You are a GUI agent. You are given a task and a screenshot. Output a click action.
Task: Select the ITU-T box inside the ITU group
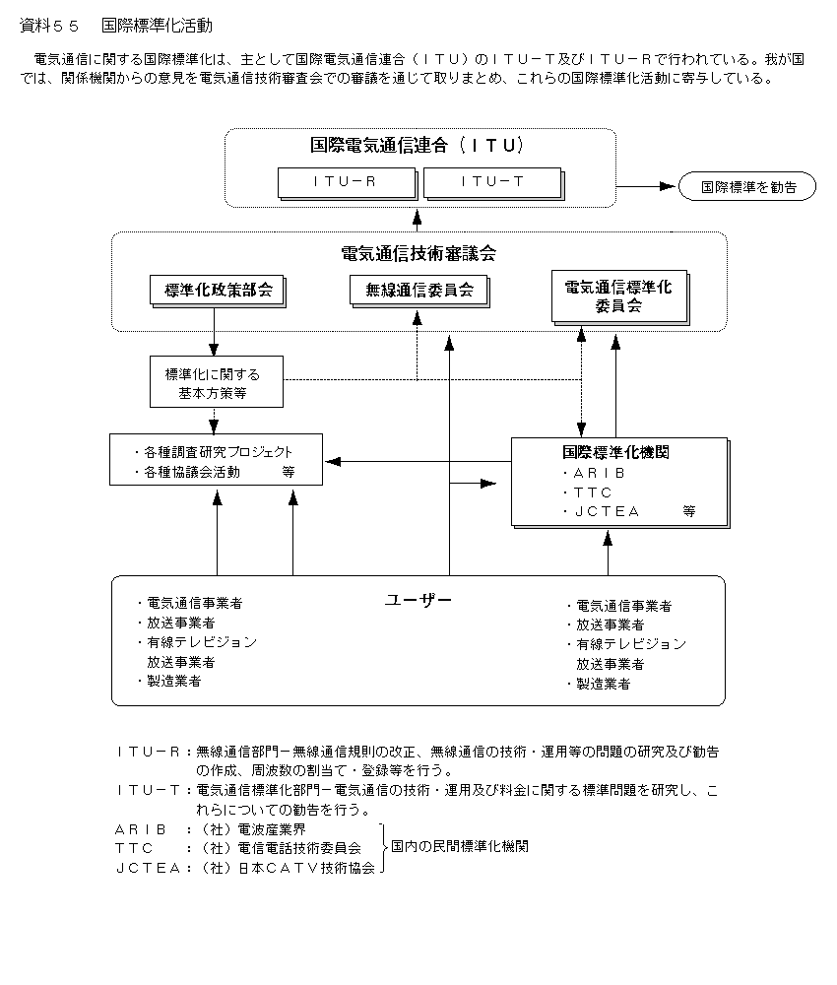[490, 181]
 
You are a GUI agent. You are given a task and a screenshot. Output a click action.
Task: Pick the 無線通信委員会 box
[419, 290]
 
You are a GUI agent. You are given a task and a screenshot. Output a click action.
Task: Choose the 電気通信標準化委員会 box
[618, 296]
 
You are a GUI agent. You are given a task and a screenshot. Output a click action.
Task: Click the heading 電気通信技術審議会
[418, 253]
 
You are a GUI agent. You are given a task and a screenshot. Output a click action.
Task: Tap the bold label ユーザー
[418, 599]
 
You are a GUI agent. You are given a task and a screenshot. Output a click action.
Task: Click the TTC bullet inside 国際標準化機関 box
[593, 492]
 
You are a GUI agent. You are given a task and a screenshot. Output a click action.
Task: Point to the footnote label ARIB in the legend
[141, 829]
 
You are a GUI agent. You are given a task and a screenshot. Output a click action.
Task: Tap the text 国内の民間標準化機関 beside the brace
[459, 846]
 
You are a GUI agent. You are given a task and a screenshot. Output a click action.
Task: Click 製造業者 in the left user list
[174, 681]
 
